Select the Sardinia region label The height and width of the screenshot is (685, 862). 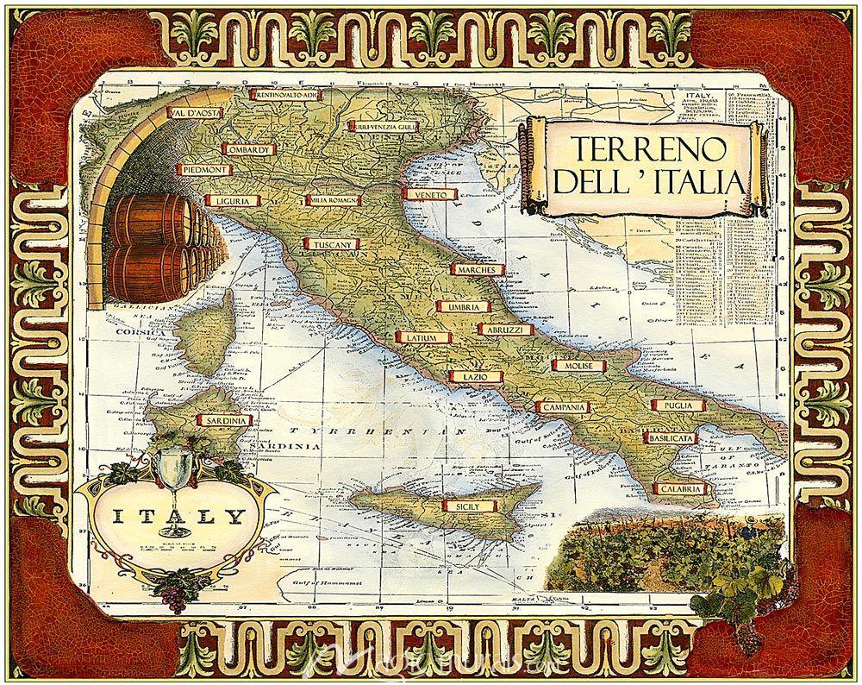coord(227,420)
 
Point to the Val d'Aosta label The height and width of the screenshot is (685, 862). coord(195,113)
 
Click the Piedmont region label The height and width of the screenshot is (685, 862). coord(205,171)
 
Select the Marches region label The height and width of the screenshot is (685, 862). coord(476,270)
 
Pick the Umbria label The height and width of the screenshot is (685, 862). coord(463,306)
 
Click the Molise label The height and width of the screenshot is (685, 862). coord(578,366)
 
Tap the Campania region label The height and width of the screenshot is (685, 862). coord(564,406)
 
